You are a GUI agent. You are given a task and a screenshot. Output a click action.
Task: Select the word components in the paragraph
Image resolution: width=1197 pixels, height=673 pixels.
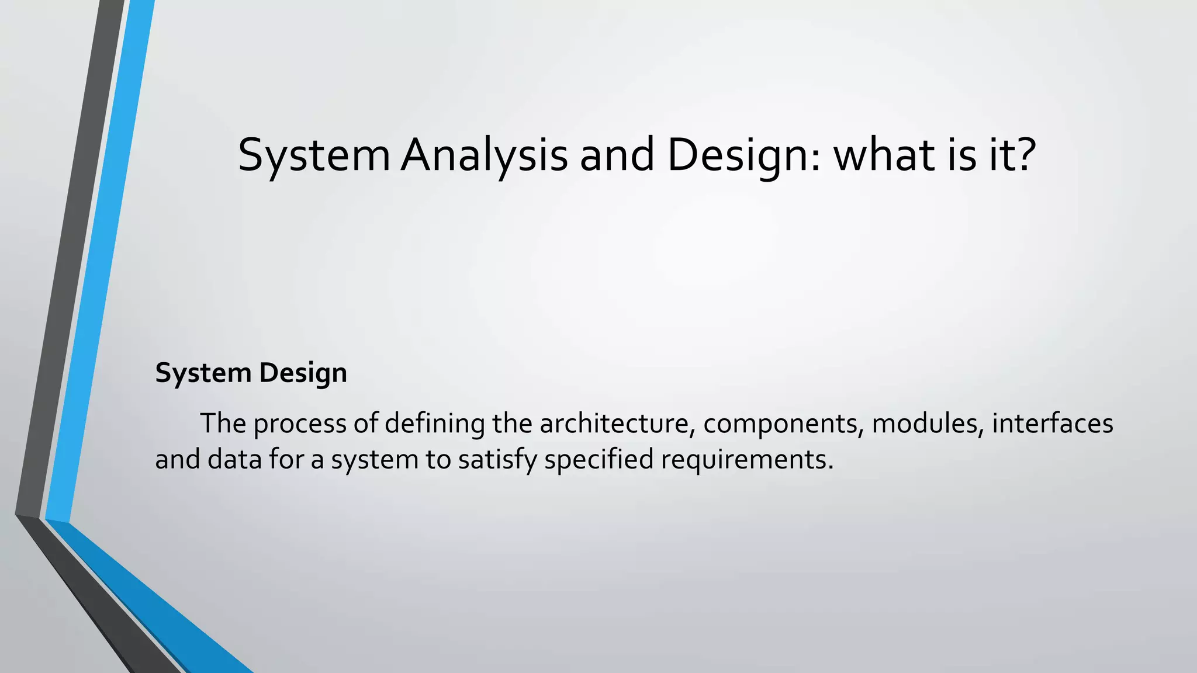pyautogui.click(x=783, y=424)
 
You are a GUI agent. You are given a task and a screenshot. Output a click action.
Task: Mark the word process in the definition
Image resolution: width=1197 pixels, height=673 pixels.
pyautogui.click(x=299, y=424)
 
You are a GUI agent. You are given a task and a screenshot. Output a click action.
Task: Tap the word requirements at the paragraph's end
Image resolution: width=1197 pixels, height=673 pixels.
pyautogui.click(x=747, y=460)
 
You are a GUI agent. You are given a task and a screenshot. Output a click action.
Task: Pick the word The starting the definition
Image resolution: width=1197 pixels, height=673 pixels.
pyautogui.click(x=223, y=424)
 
